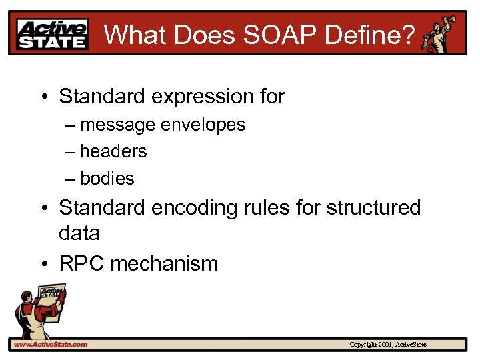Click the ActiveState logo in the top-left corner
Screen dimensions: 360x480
(53, 34)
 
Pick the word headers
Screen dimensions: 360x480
(113, 151)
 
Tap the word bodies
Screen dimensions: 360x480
(107, 179)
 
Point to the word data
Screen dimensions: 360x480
(80, 233)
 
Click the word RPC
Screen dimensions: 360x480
(81, 263)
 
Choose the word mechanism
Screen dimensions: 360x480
(164, 263)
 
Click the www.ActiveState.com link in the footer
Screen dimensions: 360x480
(50, 344)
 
